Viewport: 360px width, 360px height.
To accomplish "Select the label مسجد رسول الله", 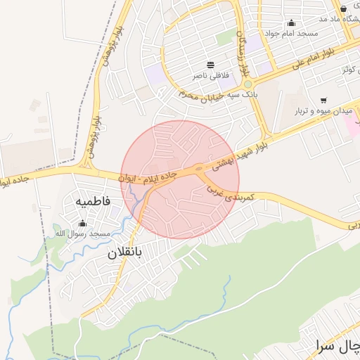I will pos(82,233).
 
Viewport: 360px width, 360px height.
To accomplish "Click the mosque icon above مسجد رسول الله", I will pos(82,223).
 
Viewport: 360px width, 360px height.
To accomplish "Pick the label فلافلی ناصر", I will pos(211,75).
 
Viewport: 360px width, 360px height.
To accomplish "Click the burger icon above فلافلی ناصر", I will pos(211,65).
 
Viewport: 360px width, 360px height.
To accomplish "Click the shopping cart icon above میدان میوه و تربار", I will pos(323,101).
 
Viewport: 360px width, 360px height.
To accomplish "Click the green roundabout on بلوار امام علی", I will pos(247,84).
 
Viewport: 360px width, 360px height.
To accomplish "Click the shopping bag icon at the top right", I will pos(343,8).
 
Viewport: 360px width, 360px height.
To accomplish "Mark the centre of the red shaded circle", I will pos(181,179).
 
